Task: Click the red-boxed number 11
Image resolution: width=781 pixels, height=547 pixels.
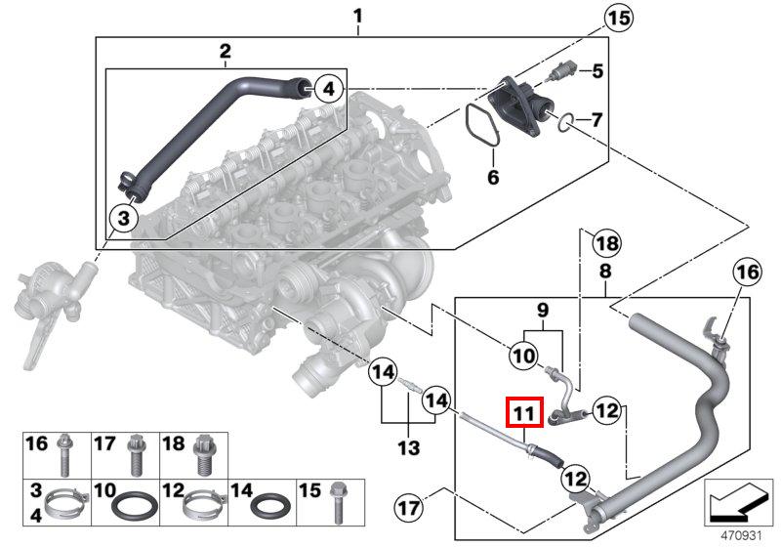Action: pyautogui.click(x=523, y=412)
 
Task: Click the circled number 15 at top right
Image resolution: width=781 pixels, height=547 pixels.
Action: pyautogui.click(x=618, y=19)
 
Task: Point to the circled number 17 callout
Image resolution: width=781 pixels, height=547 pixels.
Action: pyautogui.click(x=408, y=508)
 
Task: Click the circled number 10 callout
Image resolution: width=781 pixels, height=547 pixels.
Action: pyautogui.click(x=523, y=356)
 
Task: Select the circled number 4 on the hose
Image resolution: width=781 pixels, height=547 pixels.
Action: pyautogui.click(x=329, y=89)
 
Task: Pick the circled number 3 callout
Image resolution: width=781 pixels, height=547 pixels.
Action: pyautogui.click(x=124, y=218)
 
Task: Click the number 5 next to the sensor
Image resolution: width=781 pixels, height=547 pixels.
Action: pyautogui.click(x=596, y=71)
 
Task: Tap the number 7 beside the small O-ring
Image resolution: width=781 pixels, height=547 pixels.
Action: pyautogui.click(x=596, y=119)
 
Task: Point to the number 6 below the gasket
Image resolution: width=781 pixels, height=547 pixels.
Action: pyautogui.click(x=493, y=177)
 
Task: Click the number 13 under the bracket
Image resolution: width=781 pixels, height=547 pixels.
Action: pyautogui.click(x=408, y=447)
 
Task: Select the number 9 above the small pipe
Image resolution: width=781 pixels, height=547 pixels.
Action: pyautogui.click(x=543, y=310)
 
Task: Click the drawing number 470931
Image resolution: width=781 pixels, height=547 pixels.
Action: pyautogui.click(x=742, y=535)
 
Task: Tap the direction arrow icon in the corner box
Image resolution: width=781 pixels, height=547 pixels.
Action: pyautogui.click(x=738, y=502)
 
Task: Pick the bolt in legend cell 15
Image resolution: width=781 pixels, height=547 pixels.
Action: pyautogui.click(x=338, y=502)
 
